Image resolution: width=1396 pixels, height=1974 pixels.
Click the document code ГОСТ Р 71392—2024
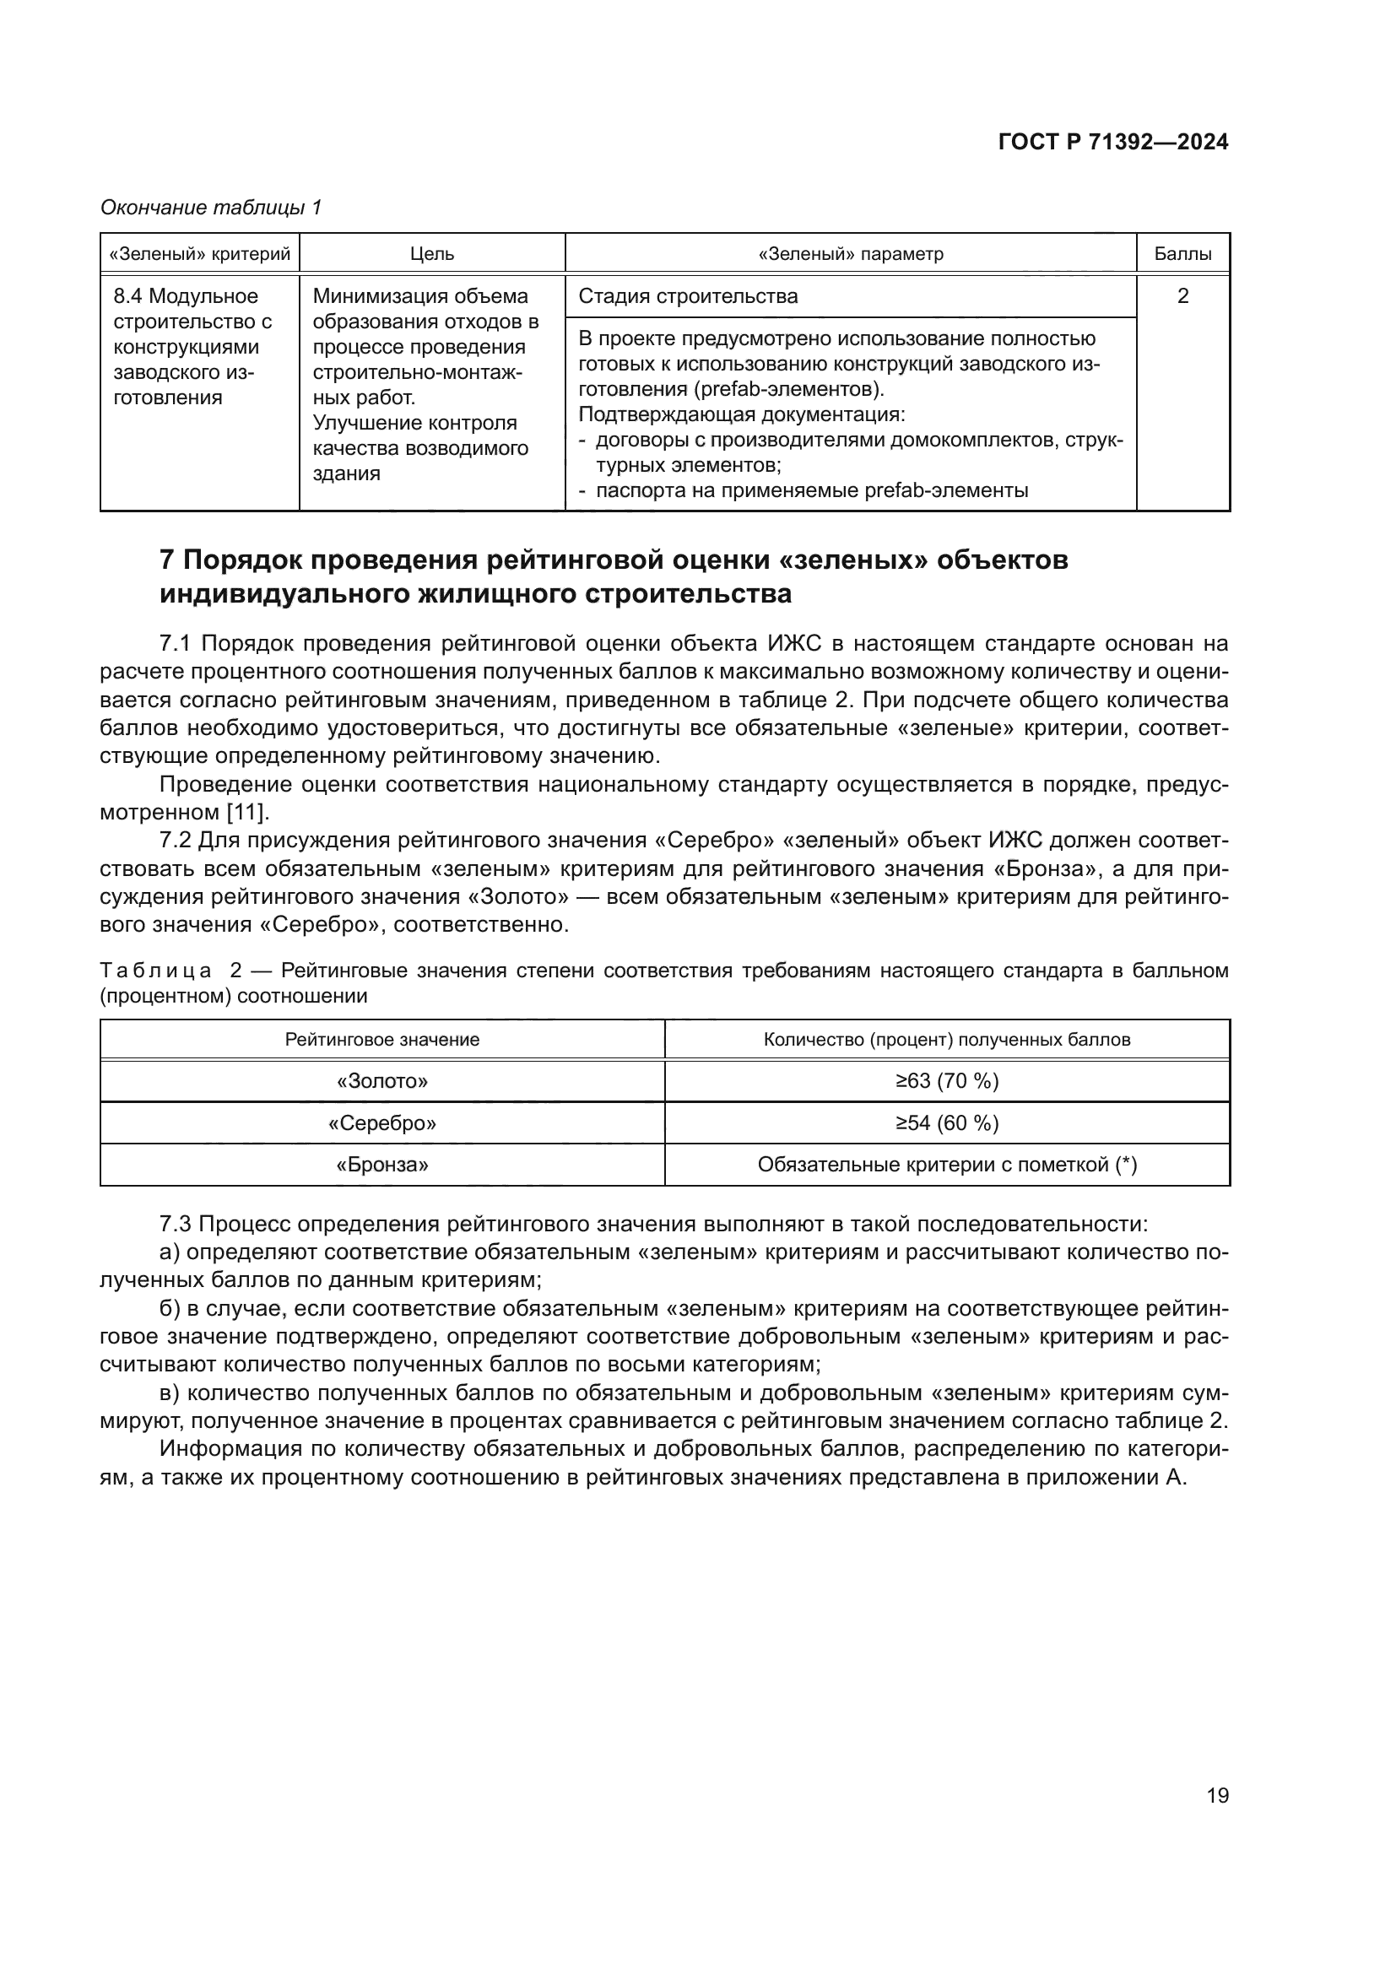[x=1112, y=143]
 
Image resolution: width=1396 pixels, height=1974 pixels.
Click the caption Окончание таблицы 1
[x=211, y=208]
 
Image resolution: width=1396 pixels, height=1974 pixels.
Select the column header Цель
[x=431, y=254]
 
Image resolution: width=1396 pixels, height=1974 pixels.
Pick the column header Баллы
[x=1182, y=254]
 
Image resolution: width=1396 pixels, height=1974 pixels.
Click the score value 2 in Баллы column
[x=1182, y=295]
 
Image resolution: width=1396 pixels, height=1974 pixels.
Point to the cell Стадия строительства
[x=688, y=295]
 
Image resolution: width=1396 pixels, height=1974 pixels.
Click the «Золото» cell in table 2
[x=381, y=1081]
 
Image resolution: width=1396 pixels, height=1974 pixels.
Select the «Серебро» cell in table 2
[x=381, y=1122]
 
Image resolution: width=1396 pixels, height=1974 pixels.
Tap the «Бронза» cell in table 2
[x=381, y=1165]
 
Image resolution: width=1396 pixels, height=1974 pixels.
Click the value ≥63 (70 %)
[x=946, y=1081]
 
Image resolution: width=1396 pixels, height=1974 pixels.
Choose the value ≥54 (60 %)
[x=946, y=1122]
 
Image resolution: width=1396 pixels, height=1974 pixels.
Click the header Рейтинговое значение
[x=381, y=1040]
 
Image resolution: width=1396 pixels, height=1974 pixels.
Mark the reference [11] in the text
[x=247, y=812]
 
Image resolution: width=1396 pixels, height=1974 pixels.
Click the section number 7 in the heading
[x=168, y=560]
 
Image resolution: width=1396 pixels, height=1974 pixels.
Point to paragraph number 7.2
[x=176, y=840]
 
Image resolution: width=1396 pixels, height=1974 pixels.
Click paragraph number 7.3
[x=176, y=1224]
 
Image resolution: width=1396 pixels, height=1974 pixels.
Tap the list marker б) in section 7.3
[x=170, y=1309]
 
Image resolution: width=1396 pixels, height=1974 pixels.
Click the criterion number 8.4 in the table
[x=127, y=295]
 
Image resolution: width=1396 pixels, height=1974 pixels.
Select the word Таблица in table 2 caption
[x=155, y=971]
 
